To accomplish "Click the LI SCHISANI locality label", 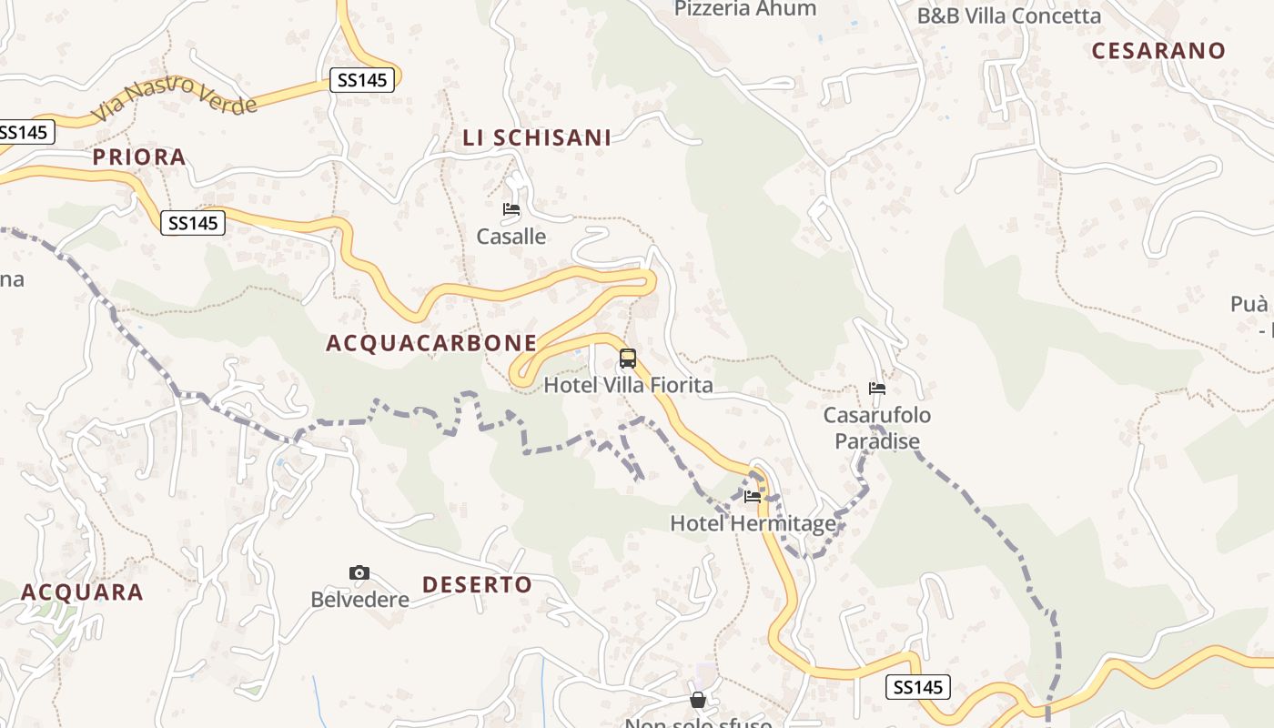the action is tap(537, 138).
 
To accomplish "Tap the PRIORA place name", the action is tap(139, 157).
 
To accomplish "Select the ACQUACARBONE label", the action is tap(431, 343).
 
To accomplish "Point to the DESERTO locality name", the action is tap(478, 585).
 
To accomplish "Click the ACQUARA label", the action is tap(82, 592).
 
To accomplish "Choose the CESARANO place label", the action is tap(1158, 51).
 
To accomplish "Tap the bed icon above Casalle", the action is tap(511, 209).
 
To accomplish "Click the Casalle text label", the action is tap(511, 237).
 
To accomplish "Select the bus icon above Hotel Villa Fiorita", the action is tap(628, 359).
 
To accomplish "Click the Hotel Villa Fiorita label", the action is tap(628, 386).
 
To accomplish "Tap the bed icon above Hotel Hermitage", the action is tap(753, 497).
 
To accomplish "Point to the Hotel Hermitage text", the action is tap(753, 524).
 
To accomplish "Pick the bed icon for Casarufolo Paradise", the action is tap(877, 389).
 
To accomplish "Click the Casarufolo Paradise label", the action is tap(877, 429).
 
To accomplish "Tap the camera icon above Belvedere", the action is tap(359, 572).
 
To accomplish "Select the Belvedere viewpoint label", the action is tap(359, 601).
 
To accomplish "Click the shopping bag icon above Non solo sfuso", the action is tap(698, 700).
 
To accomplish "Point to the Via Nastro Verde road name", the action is tap(175, 97).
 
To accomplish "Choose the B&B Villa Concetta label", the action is tap(1008, 16).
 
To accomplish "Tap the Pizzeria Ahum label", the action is tap(745, 9).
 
